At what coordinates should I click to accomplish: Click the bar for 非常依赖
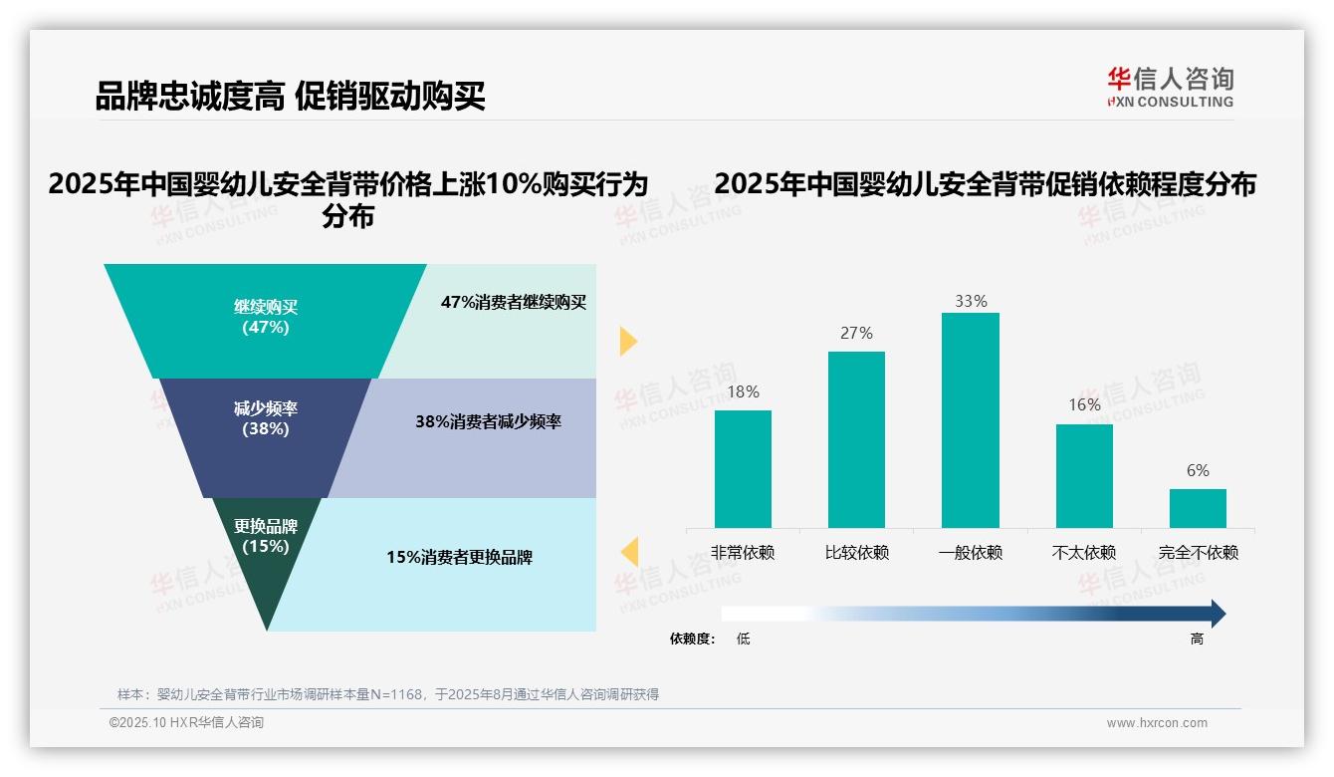[743, 468]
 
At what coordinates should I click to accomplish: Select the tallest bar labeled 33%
[970, 419]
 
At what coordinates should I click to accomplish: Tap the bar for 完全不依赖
[1198, 508]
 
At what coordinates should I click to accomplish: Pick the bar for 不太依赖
[1084, 475]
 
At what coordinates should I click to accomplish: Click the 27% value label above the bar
[856, 333]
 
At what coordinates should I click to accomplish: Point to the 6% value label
[1198, 470]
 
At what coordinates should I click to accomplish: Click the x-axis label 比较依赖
[856, 553]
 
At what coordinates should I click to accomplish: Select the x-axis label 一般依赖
[970, 553]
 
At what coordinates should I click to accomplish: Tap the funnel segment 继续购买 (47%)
[266, 317]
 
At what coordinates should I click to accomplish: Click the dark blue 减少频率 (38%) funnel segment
[266, 418]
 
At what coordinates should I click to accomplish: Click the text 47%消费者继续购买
[514, 303]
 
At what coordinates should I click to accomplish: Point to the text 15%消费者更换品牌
[460, 558]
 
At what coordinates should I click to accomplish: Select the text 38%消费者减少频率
[488, 421]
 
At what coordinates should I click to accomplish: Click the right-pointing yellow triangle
[627, 341]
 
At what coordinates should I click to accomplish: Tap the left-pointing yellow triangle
[629, 551]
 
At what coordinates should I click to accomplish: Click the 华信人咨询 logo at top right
[1170, 86]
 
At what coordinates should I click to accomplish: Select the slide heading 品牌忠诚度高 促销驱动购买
[290, 97]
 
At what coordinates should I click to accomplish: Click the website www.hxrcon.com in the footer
[1157, 723]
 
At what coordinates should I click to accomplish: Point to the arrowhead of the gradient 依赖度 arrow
[1217, 614]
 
